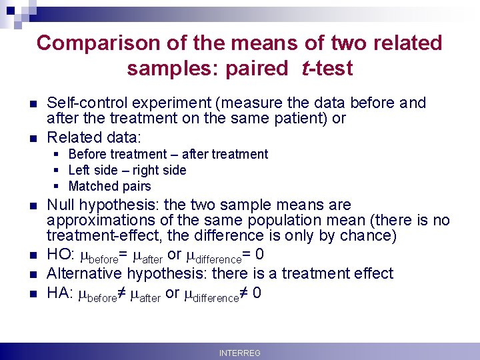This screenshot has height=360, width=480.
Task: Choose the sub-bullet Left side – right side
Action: click(x=127, y=170)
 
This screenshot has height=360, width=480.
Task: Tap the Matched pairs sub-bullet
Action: click(x=109, y=186)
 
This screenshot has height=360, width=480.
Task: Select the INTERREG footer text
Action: click(x=240, y=353)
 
